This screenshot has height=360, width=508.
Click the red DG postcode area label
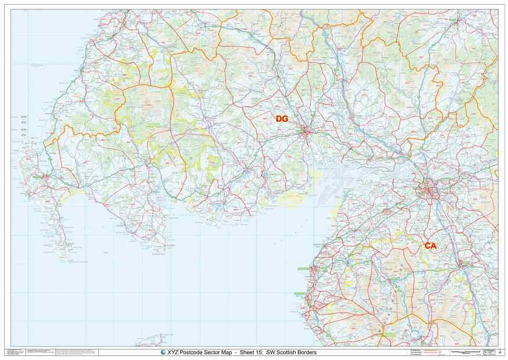click(x=282, y=119)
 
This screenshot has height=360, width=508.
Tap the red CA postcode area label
click(x=430, y=246)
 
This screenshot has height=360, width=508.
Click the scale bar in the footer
click(x=466, y=352)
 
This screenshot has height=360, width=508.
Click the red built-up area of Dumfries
click(x=307, y=132)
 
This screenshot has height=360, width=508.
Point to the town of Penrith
click(x=464, y=264)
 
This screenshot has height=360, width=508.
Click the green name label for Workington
click(x=304, y=269)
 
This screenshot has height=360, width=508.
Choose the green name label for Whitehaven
click(x=300, y=294)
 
